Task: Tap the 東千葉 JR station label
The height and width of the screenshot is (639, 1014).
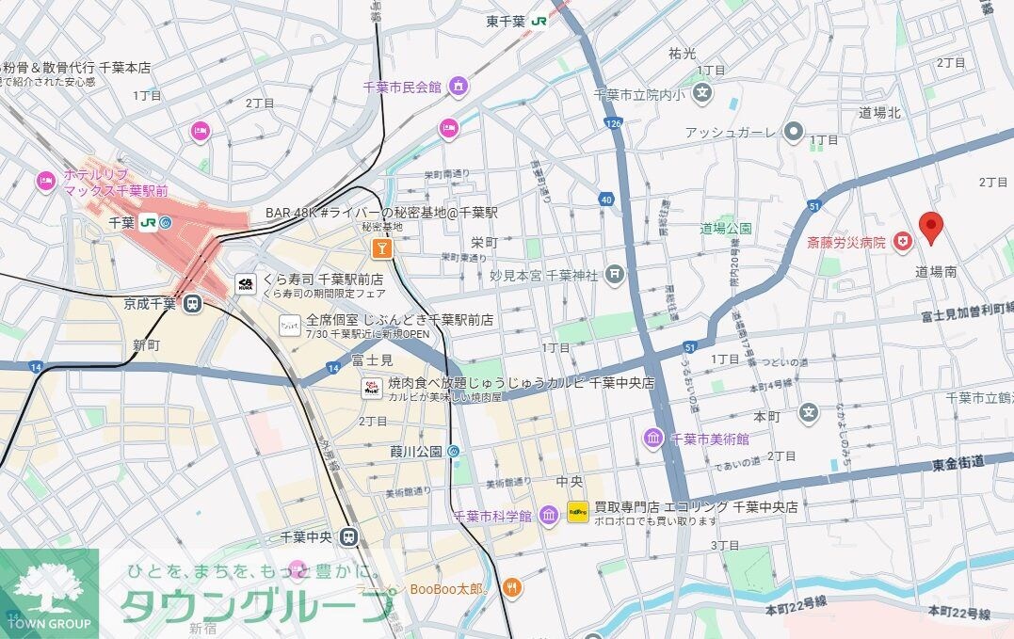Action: point(517,20)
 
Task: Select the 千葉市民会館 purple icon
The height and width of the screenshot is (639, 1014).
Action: point(459,87)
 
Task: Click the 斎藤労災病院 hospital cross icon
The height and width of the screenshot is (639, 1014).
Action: point(904,243)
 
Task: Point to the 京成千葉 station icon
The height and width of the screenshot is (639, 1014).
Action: point(192,303)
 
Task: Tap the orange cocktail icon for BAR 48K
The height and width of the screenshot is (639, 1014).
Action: point(381,248)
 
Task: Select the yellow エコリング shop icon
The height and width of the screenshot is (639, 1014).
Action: point(577,514)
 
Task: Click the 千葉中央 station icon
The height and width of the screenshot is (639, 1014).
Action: point(349,537)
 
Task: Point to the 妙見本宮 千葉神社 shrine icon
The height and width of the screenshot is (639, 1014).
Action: point(615,275)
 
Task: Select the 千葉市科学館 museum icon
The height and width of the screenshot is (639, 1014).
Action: point(549,516)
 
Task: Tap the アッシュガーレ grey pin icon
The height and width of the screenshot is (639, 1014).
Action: point(795,132)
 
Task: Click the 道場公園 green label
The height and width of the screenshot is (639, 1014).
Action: point(726,229)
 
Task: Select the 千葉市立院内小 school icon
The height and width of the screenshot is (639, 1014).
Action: point(702,93)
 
